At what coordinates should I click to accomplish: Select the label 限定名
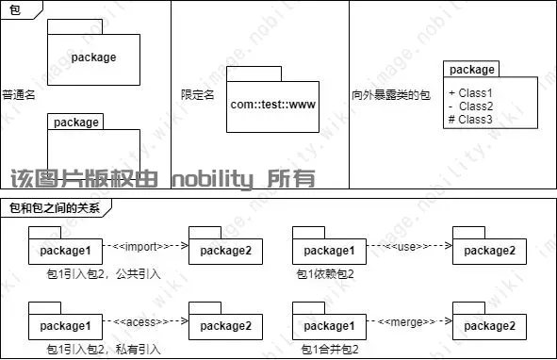(198, 95)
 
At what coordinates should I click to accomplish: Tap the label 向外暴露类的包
(390, 95)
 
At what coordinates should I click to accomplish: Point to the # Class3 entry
(471, 120)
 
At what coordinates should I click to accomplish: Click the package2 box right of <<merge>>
(489, 327)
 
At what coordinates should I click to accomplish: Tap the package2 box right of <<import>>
(225, 251)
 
